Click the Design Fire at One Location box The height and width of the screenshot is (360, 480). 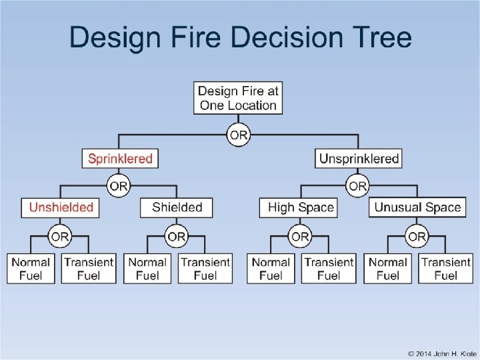pos(238,97)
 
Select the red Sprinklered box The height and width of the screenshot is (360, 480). pos(121,159)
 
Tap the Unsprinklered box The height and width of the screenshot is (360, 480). pos(359,159)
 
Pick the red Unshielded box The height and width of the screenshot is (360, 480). pos(61,207)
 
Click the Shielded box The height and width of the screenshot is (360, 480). pos(177,207)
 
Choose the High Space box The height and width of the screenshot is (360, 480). pos(300,207)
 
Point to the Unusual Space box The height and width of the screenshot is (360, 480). pos(417,207)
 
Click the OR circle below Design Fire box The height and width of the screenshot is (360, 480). pos(239,135)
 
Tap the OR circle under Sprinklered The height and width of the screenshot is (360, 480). pos(119,185)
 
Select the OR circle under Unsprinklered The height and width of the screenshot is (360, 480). pos(358,185)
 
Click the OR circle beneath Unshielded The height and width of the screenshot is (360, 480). pos(60,237)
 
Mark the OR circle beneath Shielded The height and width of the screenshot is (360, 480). pos(177,237)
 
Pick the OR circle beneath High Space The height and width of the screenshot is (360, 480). pos(300,237)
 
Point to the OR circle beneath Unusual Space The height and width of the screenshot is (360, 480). pos(417,237)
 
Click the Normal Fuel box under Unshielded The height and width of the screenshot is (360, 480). pos(31,268)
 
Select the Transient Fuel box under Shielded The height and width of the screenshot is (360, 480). pos(205,268)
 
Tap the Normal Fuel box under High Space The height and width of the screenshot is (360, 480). pos(271,268)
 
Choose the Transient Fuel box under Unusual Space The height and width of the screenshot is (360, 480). pos(446,268)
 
